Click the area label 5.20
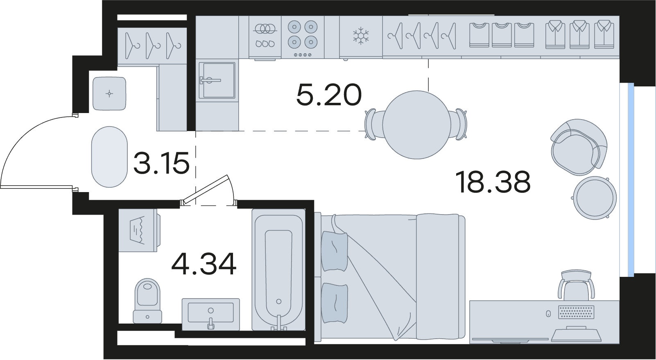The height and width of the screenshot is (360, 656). pos(329,95)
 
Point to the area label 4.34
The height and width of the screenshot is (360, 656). pos(204,264)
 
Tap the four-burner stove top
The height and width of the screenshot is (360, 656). pos(303,36)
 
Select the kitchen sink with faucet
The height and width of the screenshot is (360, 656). pos(217,80)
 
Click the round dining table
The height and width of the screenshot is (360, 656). pos(416,125)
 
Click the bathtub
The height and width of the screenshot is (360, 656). pos(278,270)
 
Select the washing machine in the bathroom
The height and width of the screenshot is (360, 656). pos(139,230)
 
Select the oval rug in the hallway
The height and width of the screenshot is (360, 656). pos(109,157)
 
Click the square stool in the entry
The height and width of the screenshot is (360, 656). pos(109,93)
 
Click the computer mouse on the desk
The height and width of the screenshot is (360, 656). pos(548,314)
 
